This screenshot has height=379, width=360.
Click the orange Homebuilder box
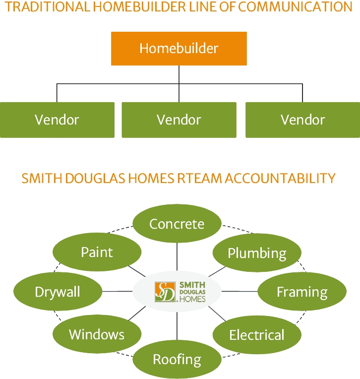pyautogui.click(x=179, y=48)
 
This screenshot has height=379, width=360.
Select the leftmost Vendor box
pyautogui.click(x=57, y=120)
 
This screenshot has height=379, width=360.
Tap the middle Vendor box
pyautogui.click(x=179, y=120)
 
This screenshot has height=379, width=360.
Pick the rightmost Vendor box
pyautogui.click(x=303, y=120)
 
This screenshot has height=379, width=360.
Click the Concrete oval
pyautogui.click(x=177, y=224)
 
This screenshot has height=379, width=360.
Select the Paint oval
pyautogui.click(x=97, y=252)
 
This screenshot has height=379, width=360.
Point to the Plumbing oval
pyautogui.click(x=257, y=253)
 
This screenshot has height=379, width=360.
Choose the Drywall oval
pyautogui.click(x=58, y=292)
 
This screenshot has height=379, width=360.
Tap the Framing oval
pyautogui.click(x=302, y=292)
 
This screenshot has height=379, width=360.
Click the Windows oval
pyautogui.click(x=97, y=334)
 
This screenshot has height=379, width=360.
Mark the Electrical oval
pyautogui.click(x=257, y=335)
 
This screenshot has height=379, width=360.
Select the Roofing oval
pyautogui.click(x=177, y=359)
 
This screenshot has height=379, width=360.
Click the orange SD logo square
pyautogui.click(x=165, y=292)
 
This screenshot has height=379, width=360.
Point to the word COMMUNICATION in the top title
pyautogui.click(x=295, y=7)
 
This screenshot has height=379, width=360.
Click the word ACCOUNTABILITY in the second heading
pyautogui.click(x=280, y=179)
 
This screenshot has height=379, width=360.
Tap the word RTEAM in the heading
pyautogui.click(x=199, y=179)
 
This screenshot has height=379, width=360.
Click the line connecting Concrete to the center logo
pyautogui.click(x=177, y=256)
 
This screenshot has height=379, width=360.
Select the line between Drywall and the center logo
pyautogui.click(x=117, y=291)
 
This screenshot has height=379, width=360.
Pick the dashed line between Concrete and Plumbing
pyautogui.click(x=238, y=229)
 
